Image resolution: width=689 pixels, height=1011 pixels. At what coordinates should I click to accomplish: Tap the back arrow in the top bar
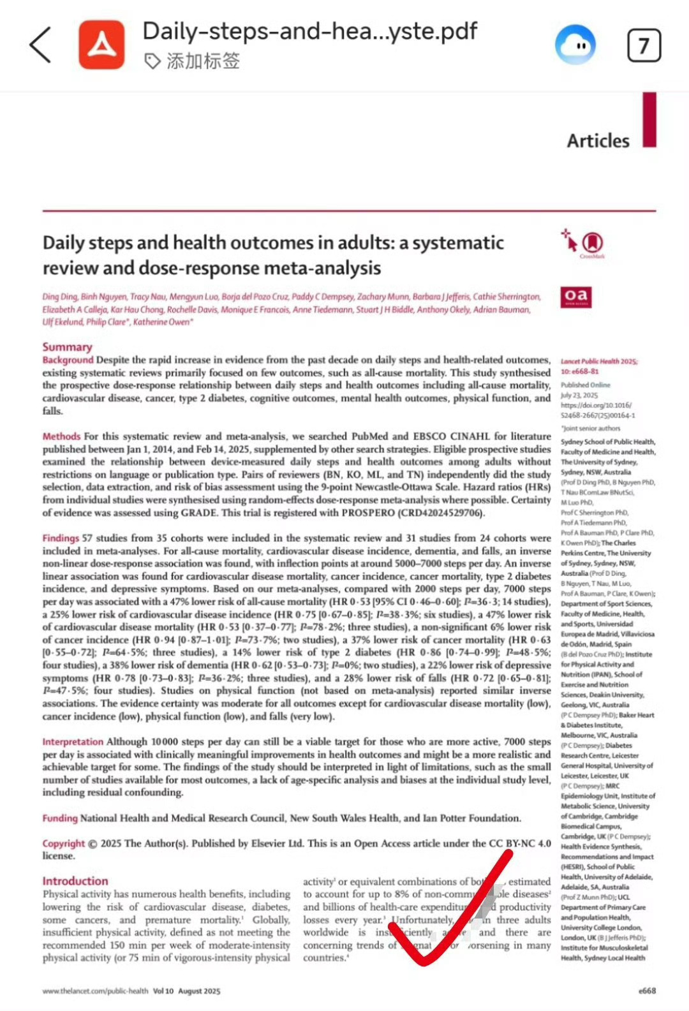(40, 45)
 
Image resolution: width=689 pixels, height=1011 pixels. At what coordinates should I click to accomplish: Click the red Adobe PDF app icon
(101, 44)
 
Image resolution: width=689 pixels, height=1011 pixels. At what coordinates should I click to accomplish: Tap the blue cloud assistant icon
(575, 46)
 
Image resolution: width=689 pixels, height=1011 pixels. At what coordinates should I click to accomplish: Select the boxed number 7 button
(644, 45)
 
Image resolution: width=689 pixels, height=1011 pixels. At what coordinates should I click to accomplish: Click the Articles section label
(598, 140)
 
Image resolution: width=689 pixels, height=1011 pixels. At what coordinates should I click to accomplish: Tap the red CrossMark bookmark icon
(593, 242)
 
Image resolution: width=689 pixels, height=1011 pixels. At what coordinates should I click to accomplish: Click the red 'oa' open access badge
(575, 297)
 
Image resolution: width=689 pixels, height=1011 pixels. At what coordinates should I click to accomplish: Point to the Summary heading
(67, 347)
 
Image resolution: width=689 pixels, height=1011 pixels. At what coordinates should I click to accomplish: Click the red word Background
(68, 360)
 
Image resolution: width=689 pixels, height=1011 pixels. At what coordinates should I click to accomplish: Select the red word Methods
(61, 436)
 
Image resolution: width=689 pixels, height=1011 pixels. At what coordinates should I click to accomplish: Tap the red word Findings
(61, 538)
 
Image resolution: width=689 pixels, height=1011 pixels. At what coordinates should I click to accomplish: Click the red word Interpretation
(73, 742)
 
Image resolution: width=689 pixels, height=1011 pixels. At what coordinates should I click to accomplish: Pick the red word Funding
(60, 818)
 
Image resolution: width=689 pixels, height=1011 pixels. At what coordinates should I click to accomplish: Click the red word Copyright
(64, 843)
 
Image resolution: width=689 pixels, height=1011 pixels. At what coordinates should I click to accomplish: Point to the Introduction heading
(75, 881)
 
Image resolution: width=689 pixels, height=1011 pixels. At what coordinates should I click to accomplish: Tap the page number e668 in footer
(647, 991)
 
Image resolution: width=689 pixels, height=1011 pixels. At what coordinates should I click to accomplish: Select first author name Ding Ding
(60, 297)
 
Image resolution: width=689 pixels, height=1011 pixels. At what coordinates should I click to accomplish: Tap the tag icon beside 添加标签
(152, 61)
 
